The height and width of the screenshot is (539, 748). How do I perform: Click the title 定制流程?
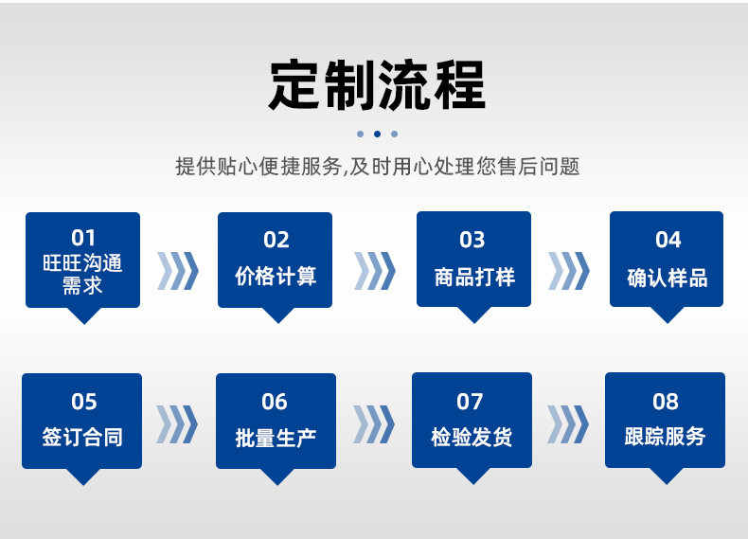[377, 85]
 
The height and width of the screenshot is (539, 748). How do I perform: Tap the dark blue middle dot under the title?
[377, 134]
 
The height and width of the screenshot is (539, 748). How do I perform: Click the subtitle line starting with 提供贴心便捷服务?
[377, 167]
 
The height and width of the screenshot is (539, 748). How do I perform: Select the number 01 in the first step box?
[83, 238]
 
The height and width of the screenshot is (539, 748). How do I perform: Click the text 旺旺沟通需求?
[83, 273]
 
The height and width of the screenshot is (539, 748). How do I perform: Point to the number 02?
[276, 240]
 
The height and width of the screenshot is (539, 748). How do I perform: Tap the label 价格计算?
[276, 277]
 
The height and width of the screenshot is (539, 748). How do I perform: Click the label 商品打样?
[473, 277]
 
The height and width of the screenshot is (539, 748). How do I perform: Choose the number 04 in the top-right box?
[668, 240]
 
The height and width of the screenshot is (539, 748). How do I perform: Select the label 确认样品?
[668, 278]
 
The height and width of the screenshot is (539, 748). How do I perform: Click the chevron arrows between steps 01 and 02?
[178, 270]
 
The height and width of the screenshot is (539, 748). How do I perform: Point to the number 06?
[275, 402]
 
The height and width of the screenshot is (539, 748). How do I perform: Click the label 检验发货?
[472, 438]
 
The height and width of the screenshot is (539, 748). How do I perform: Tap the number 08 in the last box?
[666, 402]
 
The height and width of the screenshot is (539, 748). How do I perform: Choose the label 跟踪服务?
[666, 438]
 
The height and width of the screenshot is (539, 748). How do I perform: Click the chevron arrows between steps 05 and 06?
[177, 424]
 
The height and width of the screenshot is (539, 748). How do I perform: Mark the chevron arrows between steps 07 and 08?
[568, 424]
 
